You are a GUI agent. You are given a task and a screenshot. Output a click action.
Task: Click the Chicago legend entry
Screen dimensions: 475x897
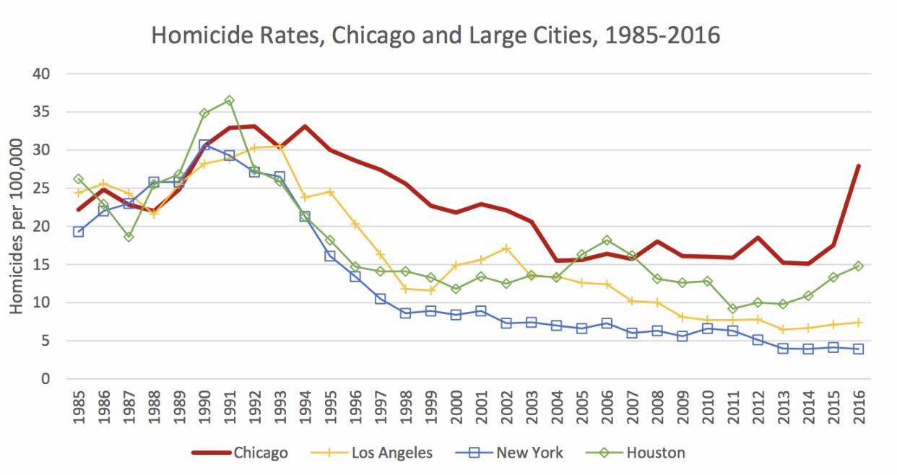click(260, 453)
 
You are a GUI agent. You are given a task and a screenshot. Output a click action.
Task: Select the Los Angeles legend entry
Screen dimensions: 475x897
click(392, 453)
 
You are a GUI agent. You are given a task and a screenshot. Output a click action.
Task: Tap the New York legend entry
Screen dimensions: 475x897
click(529, 453)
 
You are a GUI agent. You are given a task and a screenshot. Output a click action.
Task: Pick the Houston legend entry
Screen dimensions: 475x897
click(655, 453)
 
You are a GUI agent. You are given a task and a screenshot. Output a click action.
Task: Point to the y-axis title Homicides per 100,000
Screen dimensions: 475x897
click(17, 226)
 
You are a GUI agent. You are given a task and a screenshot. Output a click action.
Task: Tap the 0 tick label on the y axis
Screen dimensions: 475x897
click(46, 379)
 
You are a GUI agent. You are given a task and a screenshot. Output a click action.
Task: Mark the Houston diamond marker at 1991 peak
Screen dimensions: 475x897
click(229, 100)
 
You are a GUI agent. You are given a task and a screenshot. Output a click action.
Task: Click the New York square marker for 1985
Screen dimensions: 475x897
click(78, 232)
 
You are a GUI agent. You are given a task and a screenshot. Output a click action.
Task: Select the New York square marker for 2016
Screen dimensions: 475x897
click(859, 349)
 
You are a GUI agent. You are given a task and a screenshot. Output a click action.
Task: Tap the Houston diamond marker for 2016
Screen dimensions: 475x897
click(859, 266)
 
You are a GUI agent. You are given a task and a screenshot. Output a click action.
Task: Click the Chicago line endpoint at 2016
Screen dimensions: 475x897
click(859, 166)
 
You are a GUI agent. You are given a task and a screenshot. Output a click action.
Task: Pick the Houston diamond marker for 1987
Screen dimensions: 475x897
click(129, 236)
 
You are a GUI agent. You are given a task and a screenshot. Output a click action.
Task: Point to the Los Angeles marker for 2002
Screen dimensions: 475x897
click(506, 248)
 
